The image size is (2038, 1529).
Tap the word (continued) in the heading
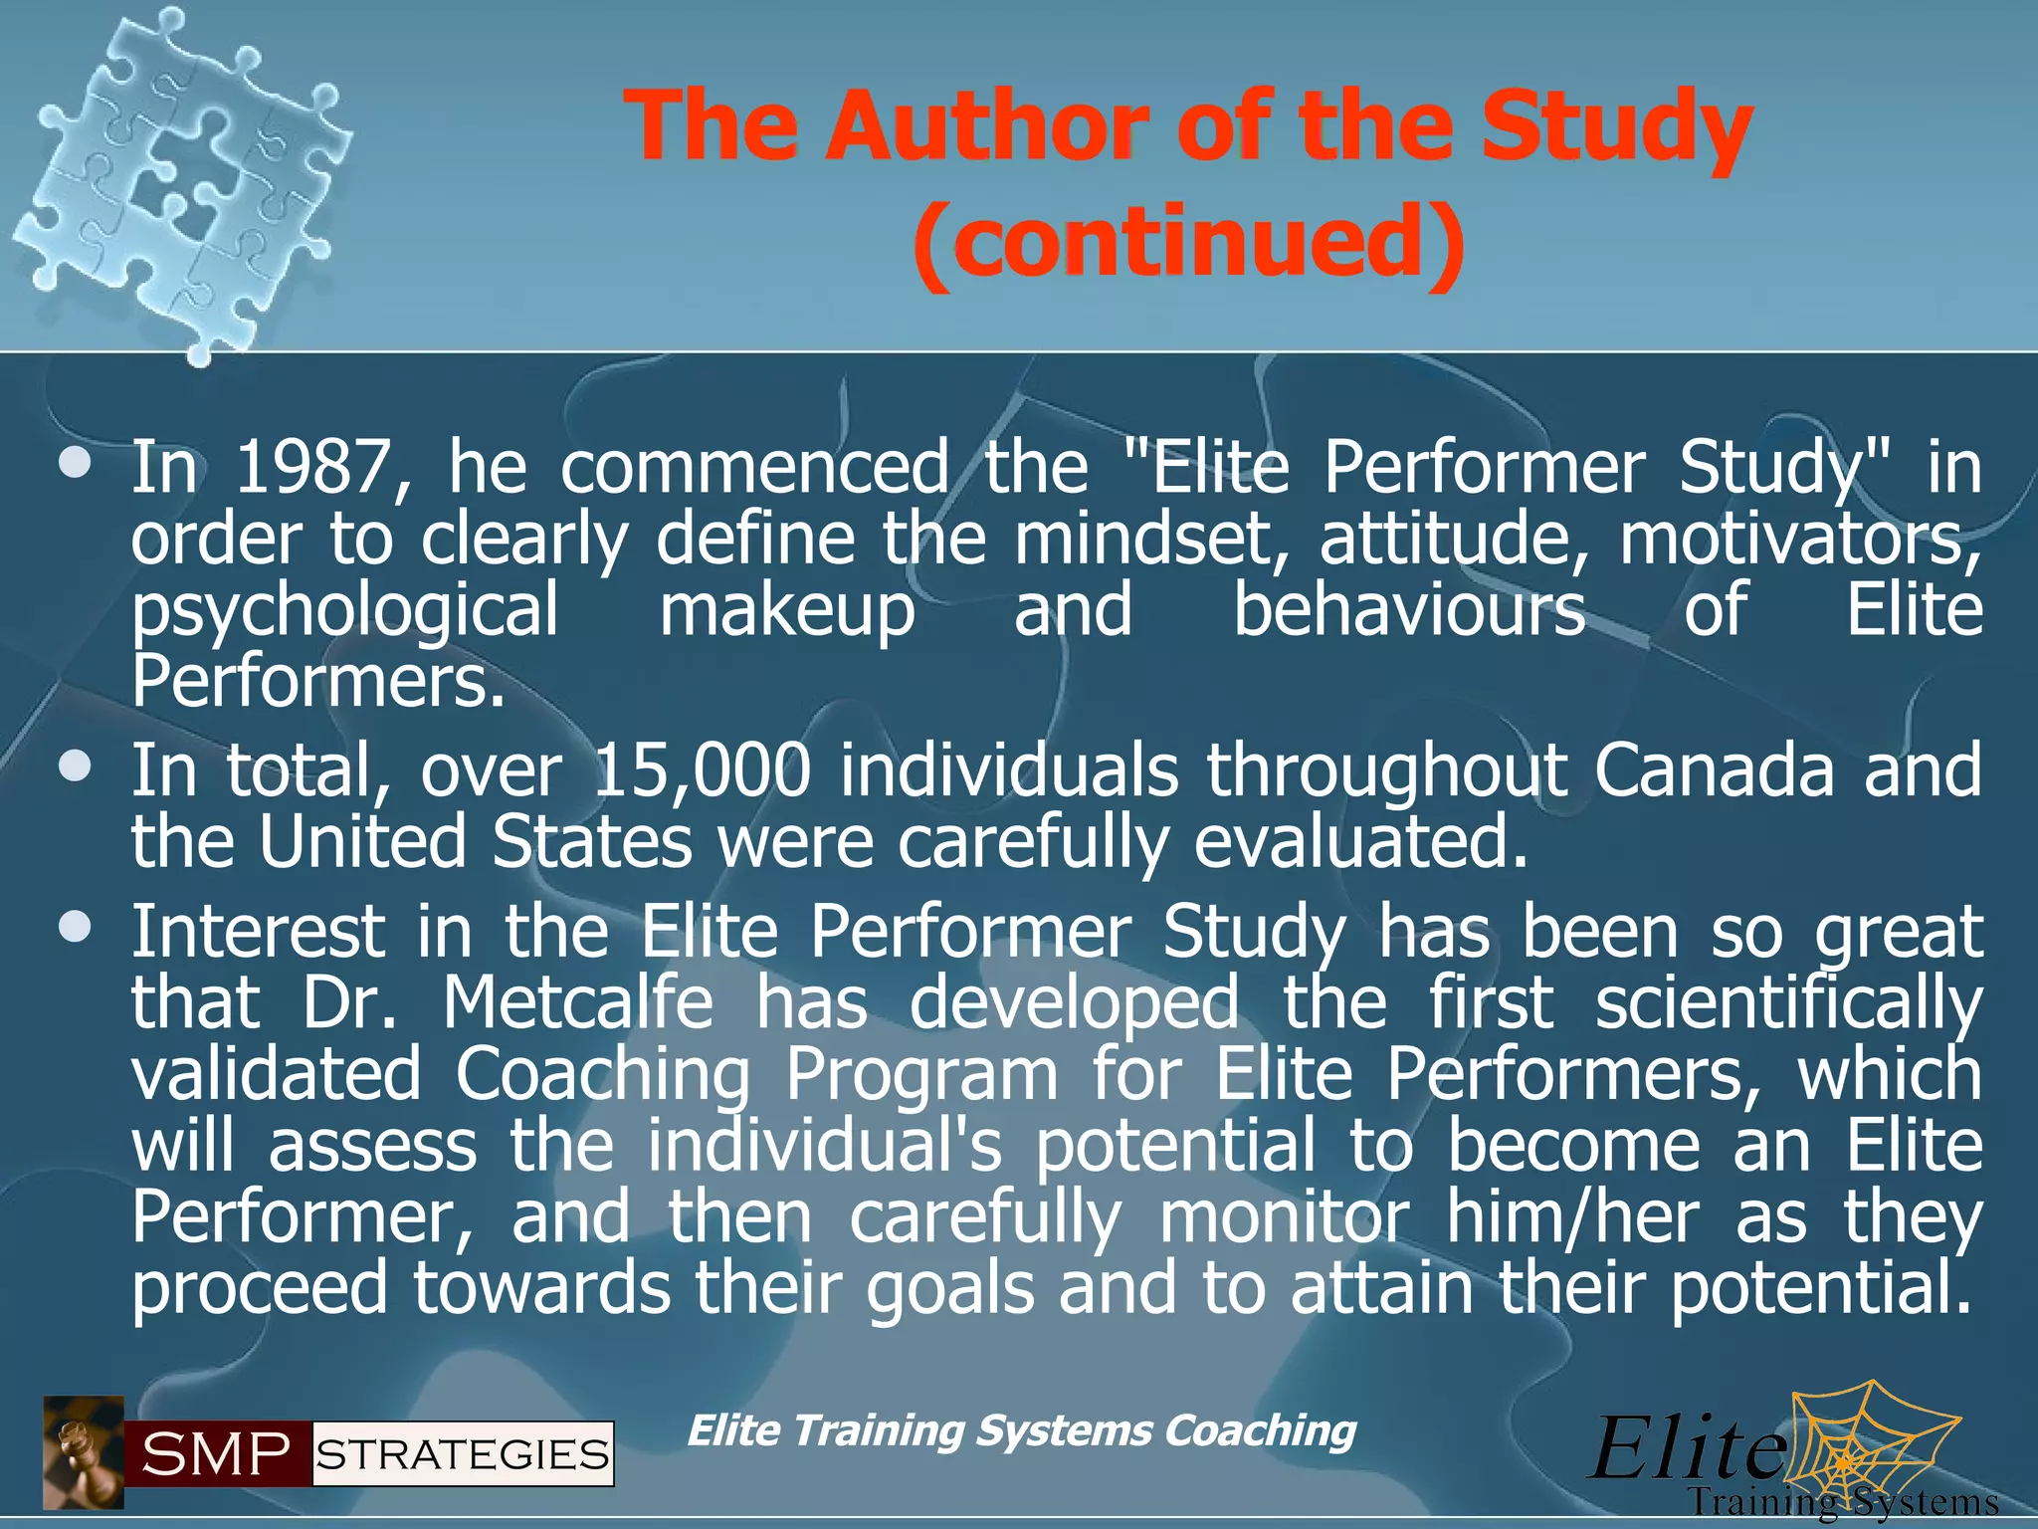pyautogui.click(x=1188, y=242)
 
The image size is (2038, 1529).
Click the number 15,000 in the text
pyautogui.click(x=702, y=771)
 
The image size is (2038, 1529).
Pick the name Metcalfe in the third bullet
pyautogui.click(x=578, y=1002)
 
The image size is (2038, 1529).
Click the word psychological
pyautogui.click(x=345, y=612)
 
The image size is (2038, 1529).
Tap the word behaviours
pyautogui.click(x=1409, y=610)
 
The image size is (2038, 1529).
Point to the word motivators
pyautogui.click(x=1799, y=540)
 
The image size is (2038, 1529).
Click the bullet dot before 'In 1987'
pyautogui.click(x=76, y=464)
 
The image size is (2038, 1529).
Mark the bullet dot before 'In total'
pyautogui.click(x=76, y=767)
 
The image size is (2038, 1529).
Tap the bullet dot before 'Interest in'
pyautogui.click(x=76, y=929)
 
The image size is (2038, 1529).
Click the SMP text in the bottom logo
pyautogui.click(x=217, y=1454)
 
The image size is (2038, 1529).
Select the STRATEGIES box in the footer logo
pyautogui.click(x=463, y=1455)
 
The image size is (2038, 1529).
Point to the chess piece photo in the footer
pyautogui.click(x=84, y=1452)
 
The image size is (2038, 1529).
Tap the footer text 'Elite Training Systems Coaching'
pyautogui.click(x=1021, y=1430)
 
